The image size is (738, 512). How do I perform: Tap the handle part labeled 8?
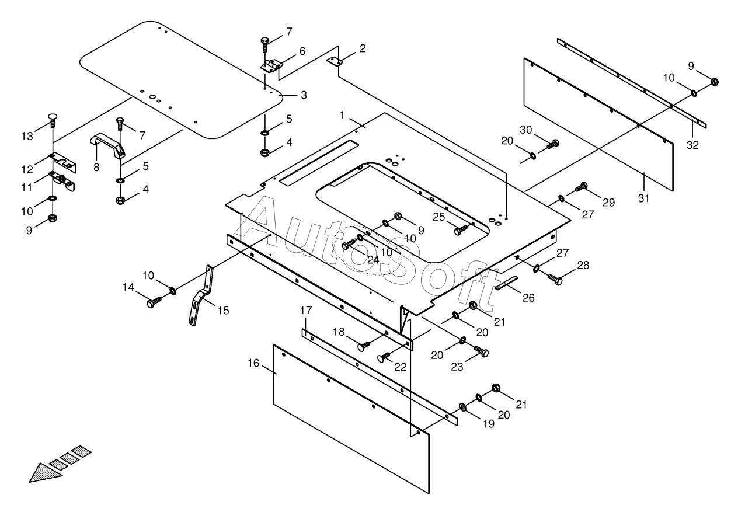click(x=109, y=145)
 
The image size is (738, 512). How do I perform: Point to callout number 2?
click(x=363, y=48)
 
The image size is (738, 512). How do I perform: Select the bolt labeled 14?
click(x=155, y=301)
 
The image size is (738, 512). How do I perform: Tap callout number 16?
click(x=253, y=363)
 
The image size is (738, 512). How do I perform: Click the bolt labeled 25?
click(x=461, y=229)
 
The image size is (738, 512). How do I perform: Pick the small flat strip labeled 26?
click(x=506, y=284)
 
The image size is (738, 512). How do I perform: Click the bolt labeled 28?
click(x=555, y=279)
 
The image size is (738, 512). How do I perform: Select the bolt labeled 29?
click(x=580, y=187)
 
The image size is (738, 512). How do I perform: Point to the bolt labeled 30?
click(x=552, y=144)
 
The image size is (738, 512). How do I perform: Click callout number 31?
click(x=643, y=198)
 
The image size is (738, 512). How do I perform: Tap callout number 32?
click(x=692, y=145)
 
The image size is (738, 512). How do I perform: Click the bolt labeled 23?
click(x=482, y=351)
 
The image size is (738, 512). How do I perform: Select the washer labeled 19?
click(x=462, y=406)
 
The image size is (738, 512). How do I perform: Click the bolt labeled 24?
click(x=348, y=245)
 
